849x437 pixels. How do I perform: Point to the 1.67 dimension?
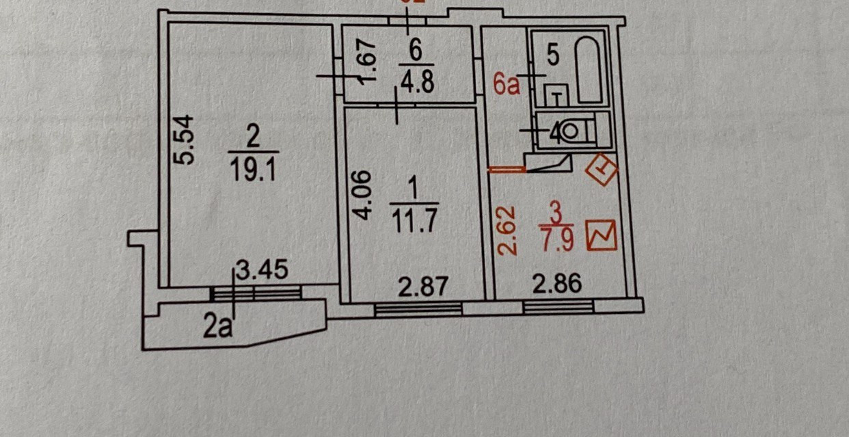(367, 62)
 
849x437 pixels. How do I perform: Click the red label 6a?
(507, 85)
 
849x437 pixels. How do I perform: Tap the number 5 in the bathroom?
(554, 57)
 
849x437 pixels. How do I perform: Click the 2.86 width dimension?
(557, 284)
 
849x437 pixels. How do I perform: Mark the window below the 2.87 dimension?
(418, 310)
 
